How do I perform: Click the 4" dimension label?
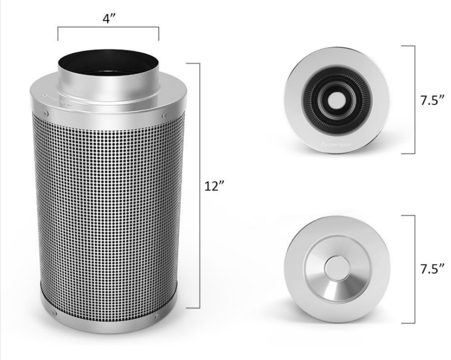coord(108,19)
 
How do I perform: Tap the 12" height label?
coord(215,186)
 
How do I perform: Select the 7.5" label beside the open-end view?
coord(432,100)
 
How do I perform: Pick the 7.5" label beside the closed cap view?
coord(432,269)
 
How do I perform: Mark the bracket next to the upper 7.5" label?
coord(414,99)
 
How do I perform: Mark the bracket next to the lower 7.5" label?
coord(414,269)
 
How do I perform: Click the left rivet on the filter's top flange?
coord(46,113)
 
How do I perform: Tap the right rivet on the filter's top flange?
coord(165,115)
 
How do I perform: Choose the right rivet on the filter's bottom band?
coord(157,316)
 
